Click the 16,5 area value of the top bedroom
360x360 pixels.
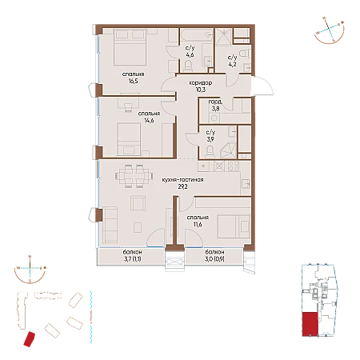pos(133,81)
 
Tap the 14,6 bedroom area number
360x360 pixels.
pos(149,121)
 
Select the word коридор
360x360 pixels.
pos(201,83)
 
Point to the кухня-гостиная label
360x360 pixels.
pos(182,180)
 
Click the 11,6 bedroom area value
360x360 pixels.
pos(198,224)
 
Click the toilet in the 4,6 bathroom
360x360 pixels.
pos(188,66)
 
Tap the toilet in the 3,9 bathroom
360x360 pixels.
pos(210,151)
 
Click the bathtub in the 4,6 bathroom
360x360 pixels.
pos(197,34)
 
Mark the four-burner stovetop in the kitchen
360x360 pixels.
pos(234,166)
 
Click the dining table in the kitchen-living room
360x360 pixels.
pos(134,176)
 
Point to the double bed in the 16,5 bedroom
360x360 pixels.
pos(130,47)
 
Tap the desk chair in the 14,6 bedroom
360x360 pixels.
pos(128,106)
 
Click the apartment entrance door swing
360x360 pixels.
pos(262,86)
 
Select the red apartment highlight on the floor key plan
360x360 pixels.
pos(310,324)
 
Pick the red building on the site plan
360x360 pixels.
pos(30,339)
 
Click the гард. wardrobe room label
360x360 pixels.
pos(215,102)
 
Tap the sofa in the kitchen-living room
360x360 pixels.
pos(110,225)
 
